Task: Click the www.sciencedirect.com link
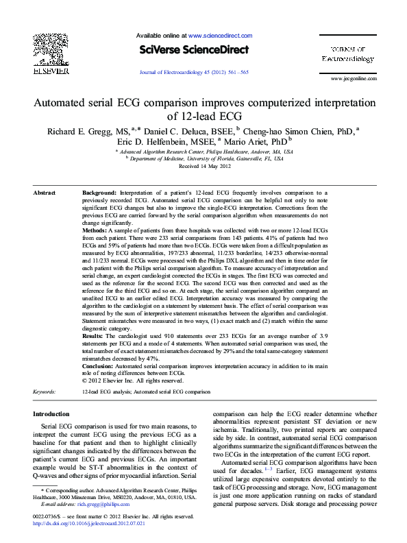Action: [219, 34]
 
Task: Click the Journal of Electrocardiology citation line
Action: [195, 71]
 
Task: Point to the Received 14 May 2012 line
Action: [203, 166]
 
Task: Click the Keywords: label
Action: [45, 391]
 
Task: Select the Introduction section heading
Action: [51, 414]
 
